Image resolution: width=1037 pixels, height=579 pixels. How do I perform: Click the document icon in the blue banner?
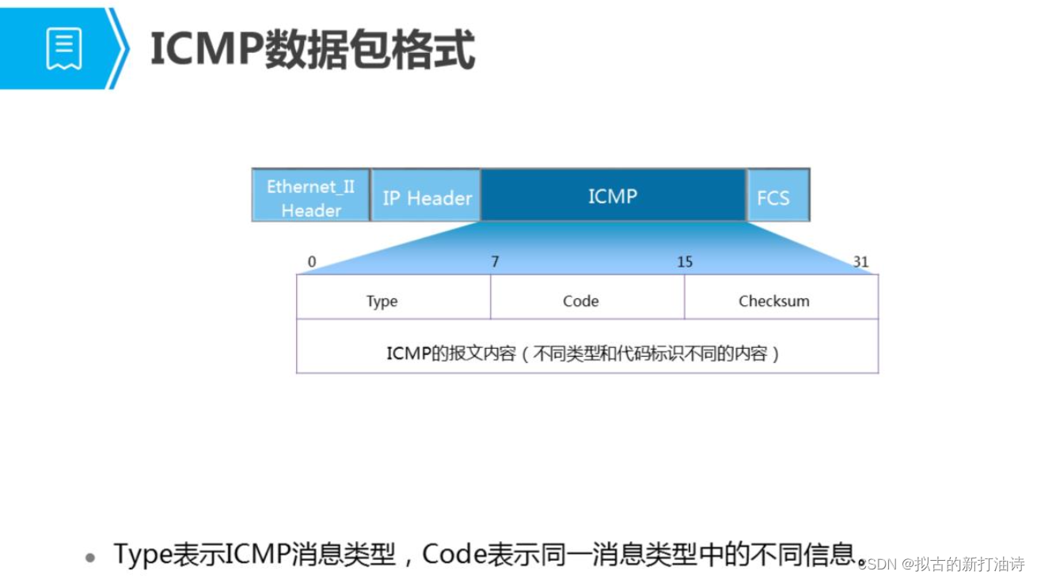pos(64,48)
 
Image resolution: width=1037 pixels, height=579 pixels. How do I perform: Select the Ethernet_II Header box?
pos(311,195)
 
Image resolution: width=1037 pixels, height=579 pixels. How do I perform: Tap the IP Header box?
pos(426,195)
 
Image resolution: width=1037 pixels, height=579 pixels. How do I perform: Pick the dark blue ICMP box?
pos(613,195)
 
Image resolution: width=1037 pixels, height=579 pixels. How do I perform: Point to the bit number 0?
pos(312,262)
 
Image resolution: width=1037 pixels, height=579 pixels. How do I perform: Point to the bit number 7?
pos(495,262)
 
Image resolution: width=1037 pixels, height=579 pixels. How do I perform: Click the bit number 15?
pos(685,262)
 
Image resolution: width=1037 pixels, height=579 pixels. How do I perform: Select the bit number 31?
pos(860,262)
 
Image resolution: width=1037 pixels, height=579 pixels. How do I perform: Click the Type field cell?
pos(393,297)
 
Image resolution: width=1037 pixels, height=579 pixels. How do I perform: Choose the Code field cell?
pos(587,297)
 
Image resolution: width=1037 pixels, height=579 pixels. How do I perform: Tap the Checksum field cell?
pos(781,297)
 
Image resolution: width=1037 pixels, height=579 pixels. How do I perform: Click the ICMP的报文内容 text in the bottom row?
pos(451,354)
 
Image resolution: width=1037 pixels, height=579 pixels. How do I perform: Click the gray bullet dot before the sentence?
pos(90,558)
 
